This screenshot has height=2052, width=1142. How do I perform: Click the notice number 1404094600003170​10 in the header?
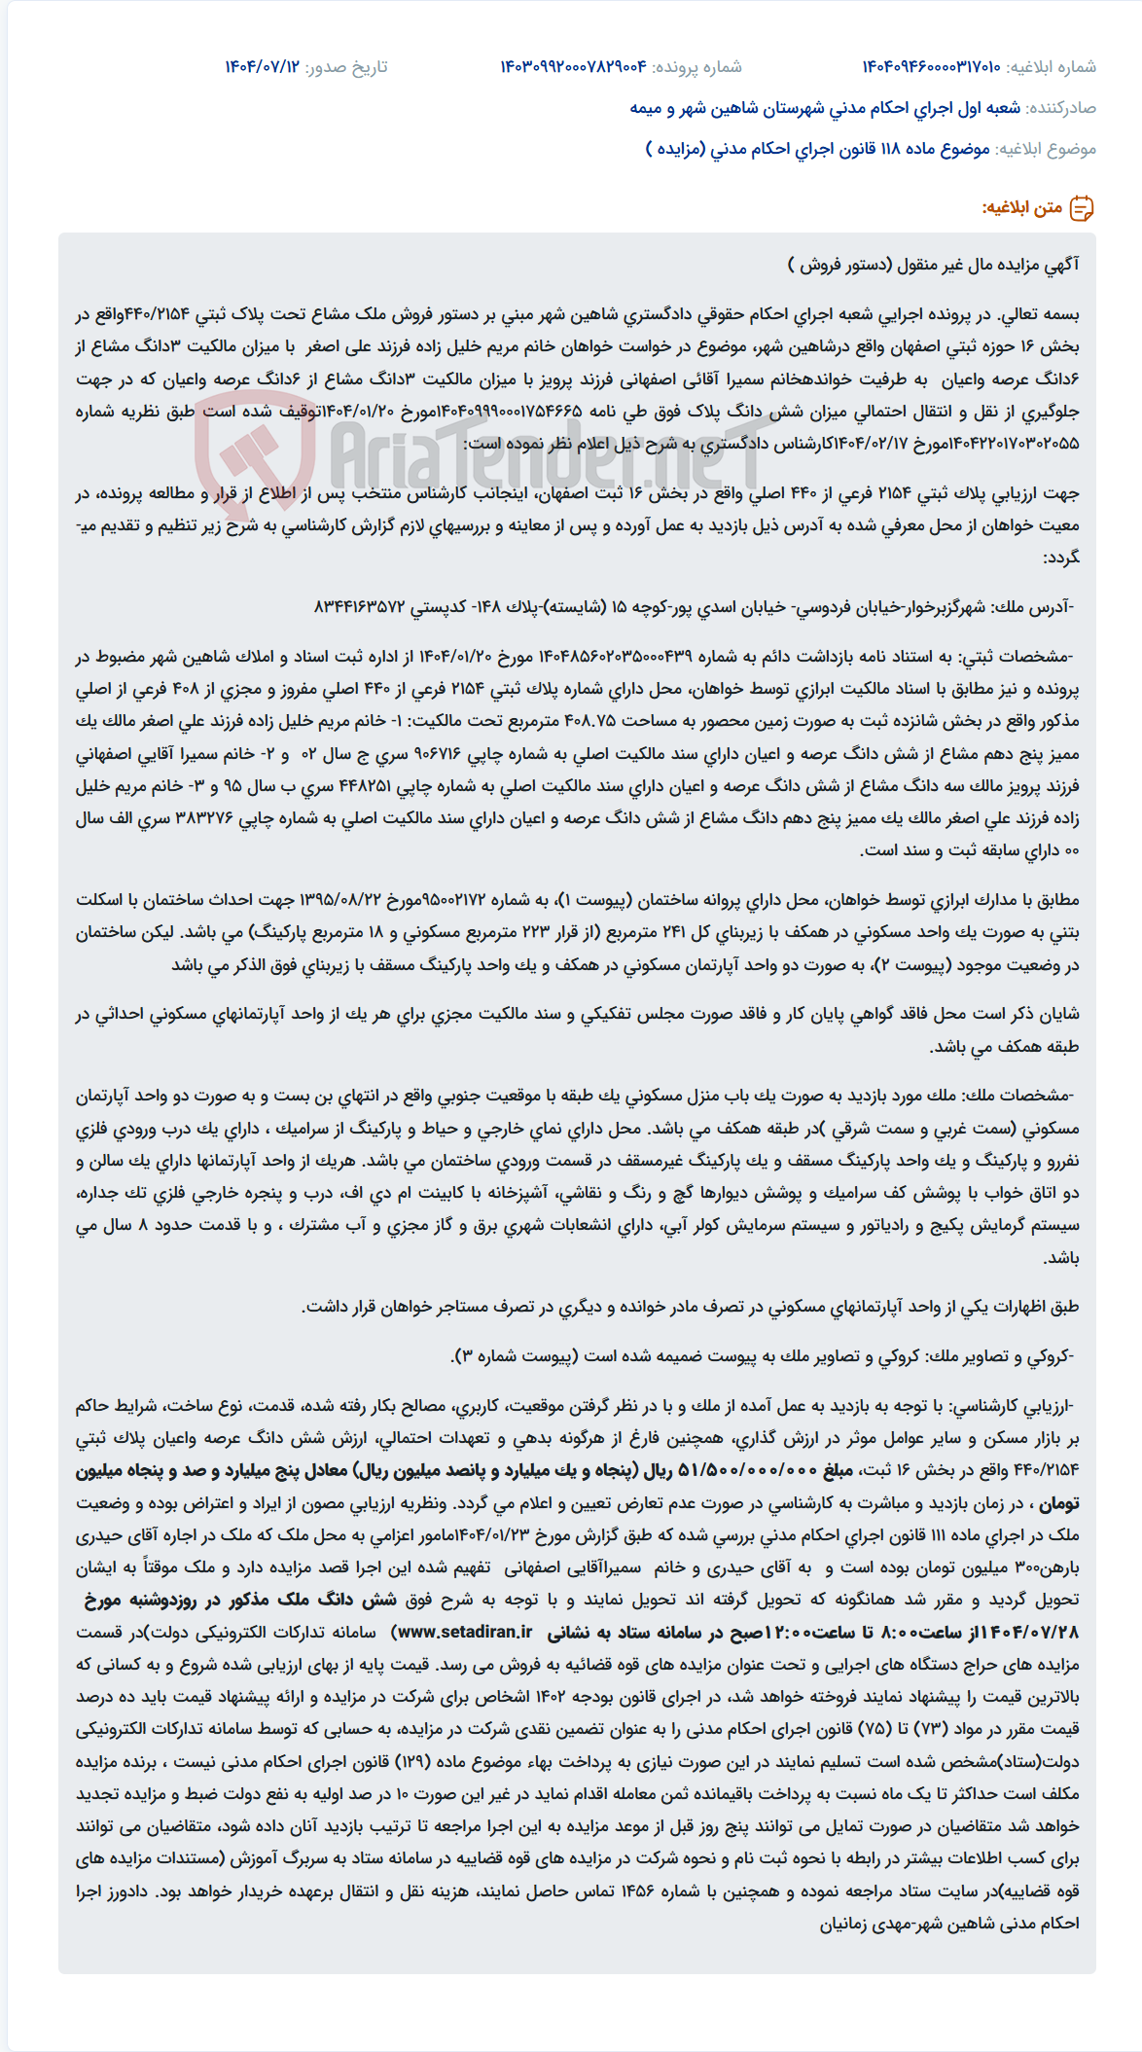pyautogui.click(x=931, y=67)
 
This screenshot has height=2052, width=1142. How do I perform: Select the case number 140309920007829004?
pyautogui.click(x=573, y=67)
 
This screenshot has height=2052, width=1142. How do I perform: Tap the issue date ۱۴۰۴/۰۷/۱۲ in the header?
pyautogui.click(x=262, y=67)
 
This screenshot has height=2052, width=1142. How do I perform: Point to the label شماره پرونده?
pyautogui.click(x=696, y=67)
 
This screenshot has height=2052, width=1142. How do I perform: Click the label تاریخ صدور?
pyautogui.click(x=346, y=67)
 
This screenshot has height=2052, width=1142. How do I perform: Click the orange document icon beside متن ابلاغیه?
pyautogui.click(x=1081, y=207)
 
